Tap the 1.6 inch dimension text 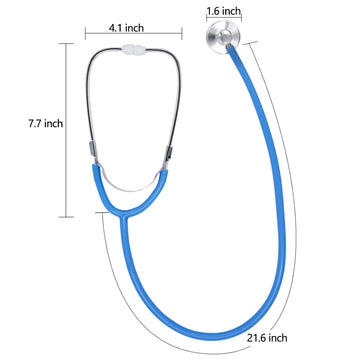click(x=223, y=12)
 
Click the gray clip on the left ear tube click(x=87, y=147)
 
